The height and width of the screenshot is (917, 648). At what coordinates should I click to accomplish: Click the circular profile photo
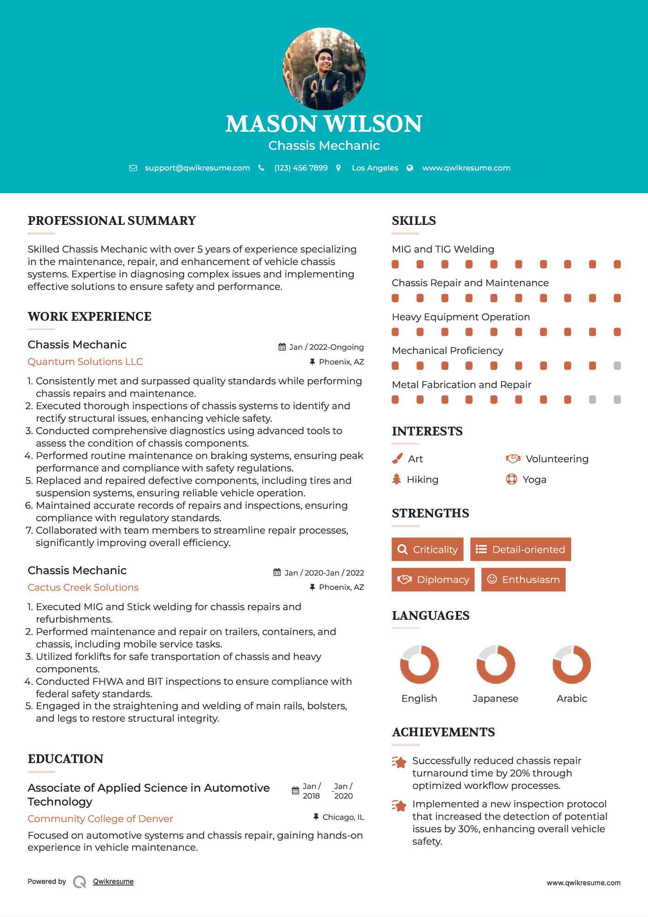pos(324,69)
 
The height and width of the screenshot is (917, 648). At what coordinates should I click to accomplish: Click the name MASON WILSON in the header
pos(324,124)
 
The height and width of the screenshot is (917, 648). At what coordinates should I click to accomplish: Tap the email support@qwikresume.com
pos(197,168)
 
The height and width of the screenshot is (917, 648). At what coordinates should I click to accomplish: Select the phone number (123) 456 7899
pos(301,168)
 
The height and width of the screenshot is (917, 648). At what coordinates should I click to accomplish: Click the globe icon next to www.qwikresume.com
pos(410,168)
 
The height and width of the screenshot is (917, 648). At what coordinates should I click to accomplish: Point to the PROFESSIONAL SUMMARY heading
pos(112,221)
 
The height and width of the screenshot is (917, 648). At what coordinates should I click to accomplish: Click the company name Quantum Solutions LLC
pos(85,362)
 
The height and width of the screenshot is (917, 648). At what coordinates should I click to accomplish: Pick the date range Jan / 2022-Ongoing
pos(326,347)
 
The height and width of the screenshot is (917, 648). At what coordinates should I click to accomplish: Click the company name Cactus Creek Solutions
pos(83,588)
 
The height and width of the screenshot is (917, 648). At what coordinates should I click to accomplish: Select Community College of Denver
pos(100,819)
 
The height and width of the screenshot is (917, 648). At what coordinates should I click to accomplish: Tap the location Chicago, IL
pos(343,817)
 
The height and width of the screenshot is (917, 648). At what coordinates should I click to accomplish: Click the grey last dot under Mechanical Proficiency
pos(617,366)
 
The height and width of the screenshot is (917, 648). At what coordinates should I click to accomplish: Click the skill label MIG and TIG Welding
pos(443,249)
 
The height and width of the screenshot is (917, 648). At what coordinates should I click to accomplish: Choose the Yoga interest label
pos(534,480)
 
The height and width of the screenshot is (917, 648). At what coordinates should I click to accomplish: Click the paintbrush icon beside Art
pos(397,458)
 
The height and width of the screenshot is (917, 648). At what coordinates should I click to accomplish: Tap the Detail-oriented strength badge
pos(520,549)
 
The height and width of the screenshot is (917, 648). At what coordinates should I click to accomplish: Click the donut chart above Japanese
pos(496,664)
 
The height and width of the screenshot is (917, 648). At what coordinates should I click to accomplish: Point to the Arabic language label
pos(572,699)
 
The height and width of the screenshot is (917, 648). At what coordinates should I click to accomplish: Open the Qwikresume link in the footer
pos(113,882)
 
